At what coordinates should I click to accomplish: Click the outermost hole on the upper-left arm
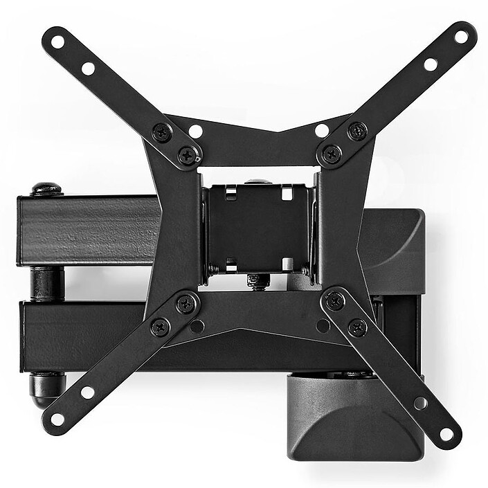pyautogui.click(x=57, y=42)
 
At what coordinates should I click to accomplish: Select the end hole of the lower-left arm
pyautogui.click(x=57, y=419)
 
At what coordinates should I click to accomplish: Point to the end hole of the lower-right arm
pyautogui.click(x=446, y=434)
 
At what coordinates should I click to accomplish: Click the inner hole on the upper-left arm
pyautogui.click(x=88, y=68)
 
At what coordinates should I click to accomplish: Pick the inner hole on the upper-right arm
pyautogui.click(x=431, y=64)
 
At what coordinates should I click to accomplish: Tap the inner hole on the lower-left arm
pyautogui.click(x=87, y=392)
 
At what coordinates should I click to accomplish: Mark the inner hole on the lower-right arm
pyautogui.click(x=420, y=403)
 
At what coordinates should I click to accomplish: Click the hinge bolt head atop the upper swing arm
pyautogui.click(x=46, y=189)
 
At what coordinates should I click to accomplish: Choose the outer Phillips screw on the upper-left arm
pyautogui.click(x=161, y=132)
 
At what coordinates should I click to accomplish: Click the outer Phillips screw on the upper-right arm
pyautogui.click(x=357, y=131)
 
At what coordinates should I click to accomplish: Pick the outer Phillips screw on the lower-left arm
pyautogui.click(x=161, y=327)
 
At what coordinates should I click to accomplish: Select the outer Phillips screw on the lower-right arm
pyautogui.click(x=357, y=327)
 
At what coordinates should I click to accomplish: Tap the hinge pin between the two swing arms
pyautogui.click(x=46, y=284)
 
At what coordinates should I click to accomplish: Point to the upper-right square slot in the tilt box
pyautogui.click(x=287, y=195)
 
